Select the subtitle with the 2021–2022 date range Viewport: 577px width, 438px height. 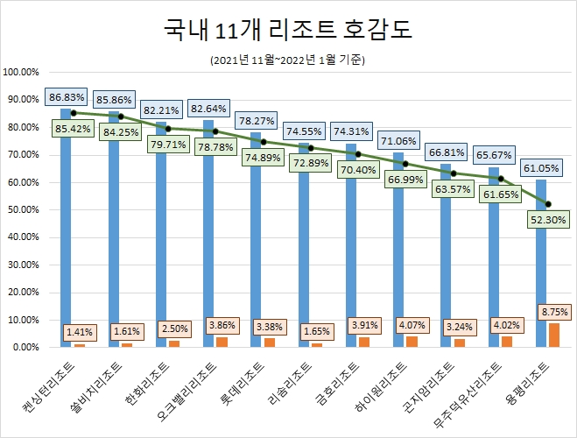coord(288,60)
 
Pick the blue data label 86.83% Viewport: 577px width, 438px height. coord(65,97)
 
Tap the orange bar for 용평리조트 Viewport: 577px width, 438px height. coord(554,336)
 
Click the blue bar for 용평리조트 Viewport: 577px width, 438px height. coord(540,263)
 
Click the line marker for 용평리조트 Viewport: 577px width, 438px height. coord(548,204)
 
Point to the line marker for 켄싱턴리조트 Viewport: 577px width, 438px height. coord(74,113)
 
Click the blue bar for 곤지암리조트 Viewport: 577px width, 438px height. coord(445,254)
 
